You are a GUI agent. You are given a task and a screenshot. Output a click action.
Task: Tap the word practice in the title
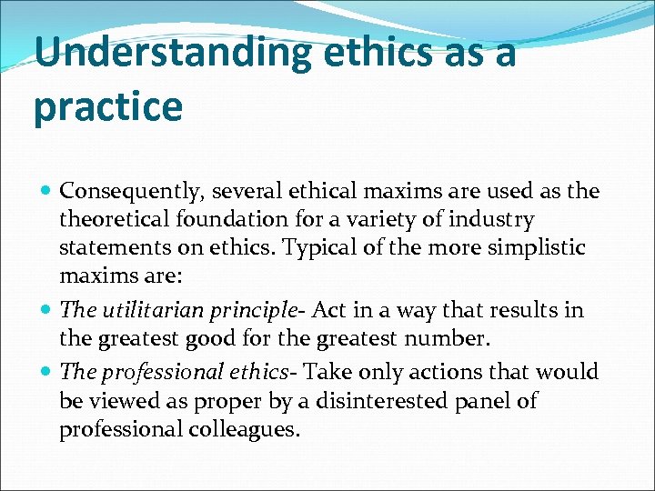(107, 106)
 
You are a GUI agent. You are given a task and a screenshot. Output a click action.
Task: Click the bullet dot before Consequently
(47, 192)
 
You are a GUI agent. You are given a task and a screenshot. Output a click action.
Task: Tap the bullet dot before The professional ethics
(47, 372)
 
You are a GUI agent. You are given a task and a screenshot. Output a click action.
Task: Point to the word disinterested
(358, 401)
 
